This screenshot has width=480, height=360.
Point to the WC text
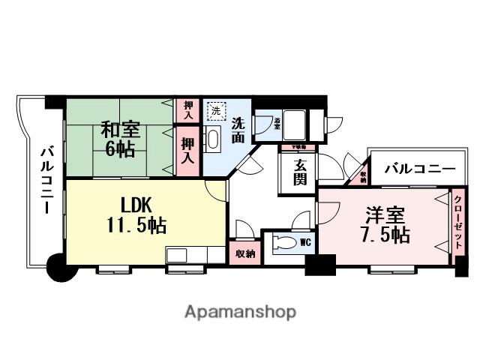click(x=305, y=242)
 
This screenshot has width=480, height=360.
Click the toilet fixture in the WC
click(x=284, y=243)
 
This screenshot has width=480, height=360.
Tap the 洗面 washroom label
click(x=238, y=129)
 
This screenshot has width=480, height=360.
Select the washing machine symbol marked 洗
click(x=216, y=112)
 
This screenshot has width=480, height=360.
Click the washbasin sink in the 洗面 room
click(x=212, y=138)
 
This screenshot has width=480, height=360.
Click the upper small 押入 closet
click(x=188, y=111)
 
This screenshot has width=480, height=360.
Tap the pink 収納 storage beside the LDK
click(x=244, y=253)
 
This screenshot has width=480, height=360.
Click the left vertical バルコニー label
click(x=46, y=179)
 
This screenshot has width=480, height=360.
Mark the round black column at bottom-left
click(x=58, y=267)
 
